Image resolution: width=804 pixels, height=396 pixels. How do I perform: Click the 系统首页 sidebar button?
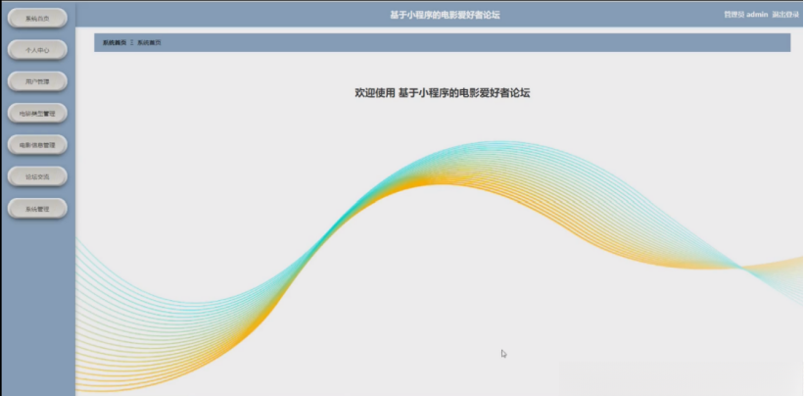click(x=37, y=18)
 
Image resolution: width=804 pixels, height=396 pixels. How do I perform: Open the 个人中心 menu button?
click(x=37, y=49)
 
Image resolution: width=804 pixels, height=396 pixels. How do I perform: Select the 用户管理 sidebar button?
click(x=37, y=81)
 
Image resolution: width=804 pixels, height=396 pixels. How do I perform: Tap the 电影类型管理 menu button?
click(x=37, y=114)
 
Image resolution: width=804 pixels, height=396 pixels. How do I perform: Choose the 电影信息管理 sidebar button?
click(x=37, y=145)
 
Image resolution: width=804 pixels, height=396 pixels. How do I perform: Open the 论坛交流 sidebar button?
click(x=37, y=176)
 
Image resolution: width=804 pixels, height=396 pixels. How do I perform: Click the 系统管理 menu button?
click(x=37, y=209)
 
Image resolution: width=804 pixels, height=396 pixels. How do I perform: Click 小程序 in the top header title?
click(x=426, y=15)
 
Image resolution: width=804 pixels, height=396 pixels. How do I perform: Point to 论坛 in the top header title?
click(x=491, y=15)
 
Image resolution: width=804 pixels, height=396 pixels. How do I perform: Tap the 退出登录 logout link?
click(x=785, y=15)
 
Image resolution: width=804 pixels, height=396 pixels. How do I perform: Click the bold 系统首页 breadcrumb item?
click(x=115, y=43)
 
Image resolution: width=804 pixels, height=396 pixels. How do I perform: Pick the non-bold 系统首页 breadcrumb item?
click(x=149, y=43)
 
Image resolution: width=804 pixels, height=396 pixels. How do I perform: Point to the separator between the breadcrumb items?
click(x=132, y=43)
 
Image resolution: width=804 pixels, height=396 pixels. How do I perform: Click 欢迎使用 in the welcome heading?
click(x=375, y=93)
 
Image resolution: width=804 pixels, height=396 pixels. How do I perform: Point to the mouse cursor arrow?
click(x=503, y=353)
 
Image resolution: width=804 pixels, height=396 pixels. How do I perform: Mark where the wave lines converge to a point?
click(x=736, y=266)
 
